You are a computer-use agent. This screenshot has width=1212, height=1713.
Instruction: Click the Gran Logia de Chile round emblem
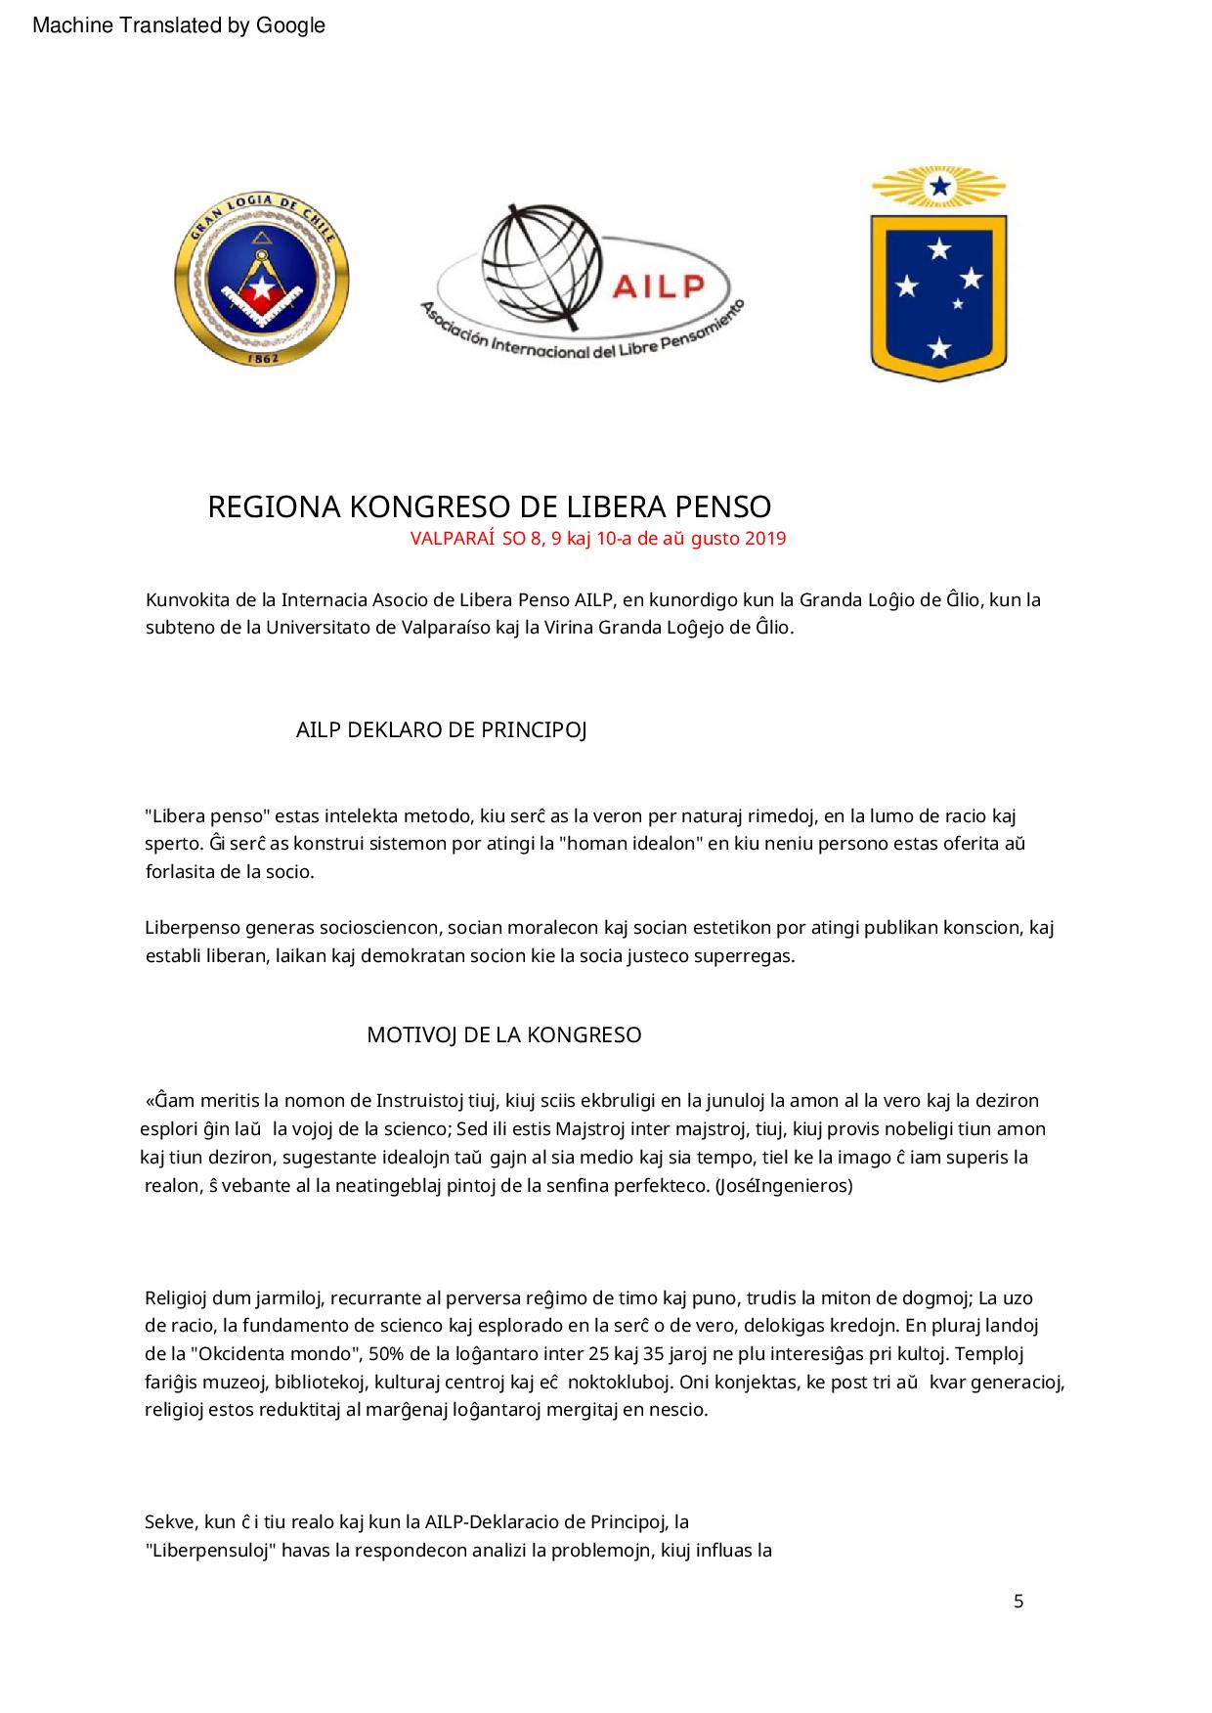tap(261, 282)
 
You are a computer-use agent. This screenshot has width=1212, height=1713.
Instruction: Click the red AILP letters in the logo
tap(659, 285)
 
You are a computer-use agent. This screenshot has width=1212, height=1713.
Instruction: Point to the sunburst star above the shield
tap(939, 186)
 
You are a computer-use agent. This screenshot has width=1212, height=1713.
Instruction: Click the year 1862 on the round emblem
tap(261, 358)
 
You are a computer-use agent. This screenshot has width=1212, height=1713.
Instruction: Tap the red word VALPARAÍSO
tap(454, 539)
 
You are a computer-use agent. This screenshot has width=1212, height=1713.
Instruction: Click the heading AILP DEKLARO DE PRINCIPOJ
tap(441, 730)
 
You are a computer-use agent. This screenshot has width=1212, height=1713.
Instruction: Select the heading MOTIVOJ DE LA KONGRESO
tap(503, 1035)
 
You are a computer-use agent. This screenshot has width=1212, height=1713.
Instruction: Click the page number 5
tap(1018, 1602)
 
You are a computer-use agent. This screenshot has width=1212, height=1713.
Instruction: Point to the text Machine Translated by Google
tap(179, 26)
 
